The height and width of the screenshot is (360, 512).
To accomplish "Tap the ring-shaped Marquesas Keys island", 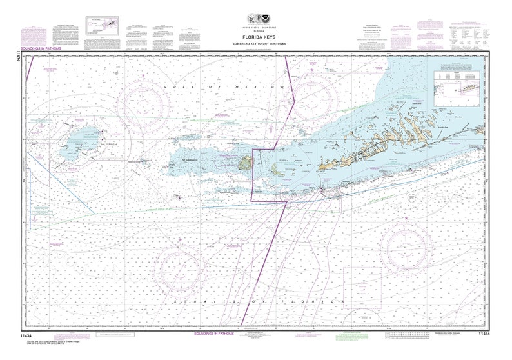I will coord(244,165).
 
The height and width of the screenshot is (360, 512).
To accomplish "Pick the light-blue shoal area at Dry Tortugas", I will coord(83,137).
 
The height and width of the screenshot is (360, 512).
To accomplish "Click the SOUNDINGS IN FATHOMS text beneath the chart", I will coord(217,334).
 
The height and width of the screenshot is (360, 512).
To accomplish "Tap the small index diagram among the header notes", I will coord(103,25).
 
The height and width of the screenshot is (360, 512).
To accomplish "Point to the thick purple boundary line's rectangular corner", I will coord(252,150).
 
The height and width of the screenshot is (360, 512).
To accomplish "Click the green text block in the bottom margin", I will coord(349,335).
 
